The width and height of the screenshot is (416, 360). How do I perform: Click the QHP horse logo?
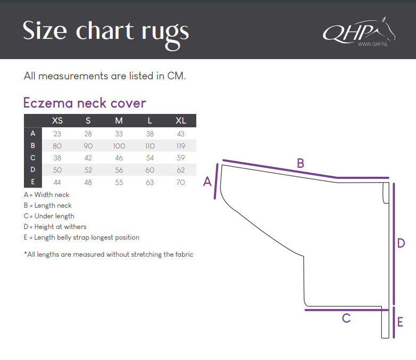pyautogui.click(x=359, y=31)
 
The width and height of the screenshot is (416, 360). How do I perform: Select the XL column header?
pyautogui.click(x=181, y=120)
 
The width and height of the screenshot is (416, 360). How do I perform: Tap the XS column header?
pyautogui.click(x=57, y=120)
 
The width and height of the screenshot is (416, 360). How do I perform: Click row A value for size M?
pyautogui.click(x=119, y=134)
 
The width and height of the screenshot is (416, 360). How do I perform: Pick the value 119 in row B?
pyautogui.click(x=181, y=146)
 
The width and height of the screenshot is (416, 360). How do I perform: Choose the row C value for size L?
pyautogui.click(x=150, y=158)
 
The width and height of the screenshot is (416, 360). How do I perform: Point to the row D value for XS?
pyautogui.click(x=57, y=170)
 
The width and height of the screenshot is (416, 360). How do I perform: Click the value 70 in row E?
pyautogui.click(x=181, y=182)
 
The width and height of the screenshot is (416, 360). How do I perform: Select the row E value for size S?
pyautogui.click(x=88, y=182)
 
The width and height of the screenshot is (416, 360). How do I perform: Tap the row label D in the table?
pyautogui.click(x=33, y=169)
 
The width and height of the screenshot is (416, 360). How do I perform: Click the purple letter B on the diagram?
pyautogui.click(x=301, y=163)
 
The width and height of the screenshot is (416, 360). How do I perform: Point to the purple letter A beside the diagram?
pyautogui.click(x=207, y=182)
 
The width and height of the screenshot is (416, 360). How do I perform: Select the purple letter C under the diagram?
pyautogui.click(x=346, y=318)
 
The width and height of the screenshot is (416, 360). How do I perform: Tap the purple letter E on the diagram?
pyautogui.click(x=400, y=322)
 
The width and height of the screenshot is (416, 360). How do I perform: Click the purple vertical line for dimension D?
pyautogui.click(x=394, y=243)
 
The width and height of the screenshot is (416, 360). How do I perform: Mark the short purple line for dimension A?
pyautogui.click(x=216, y=182)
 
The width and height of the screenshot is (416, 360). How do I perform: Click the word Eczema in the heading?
pyautogui.click(x=48, y=103)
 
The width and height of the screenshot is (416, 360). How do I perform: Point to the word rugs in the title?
pyautogui.click(x=165, y=34)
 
